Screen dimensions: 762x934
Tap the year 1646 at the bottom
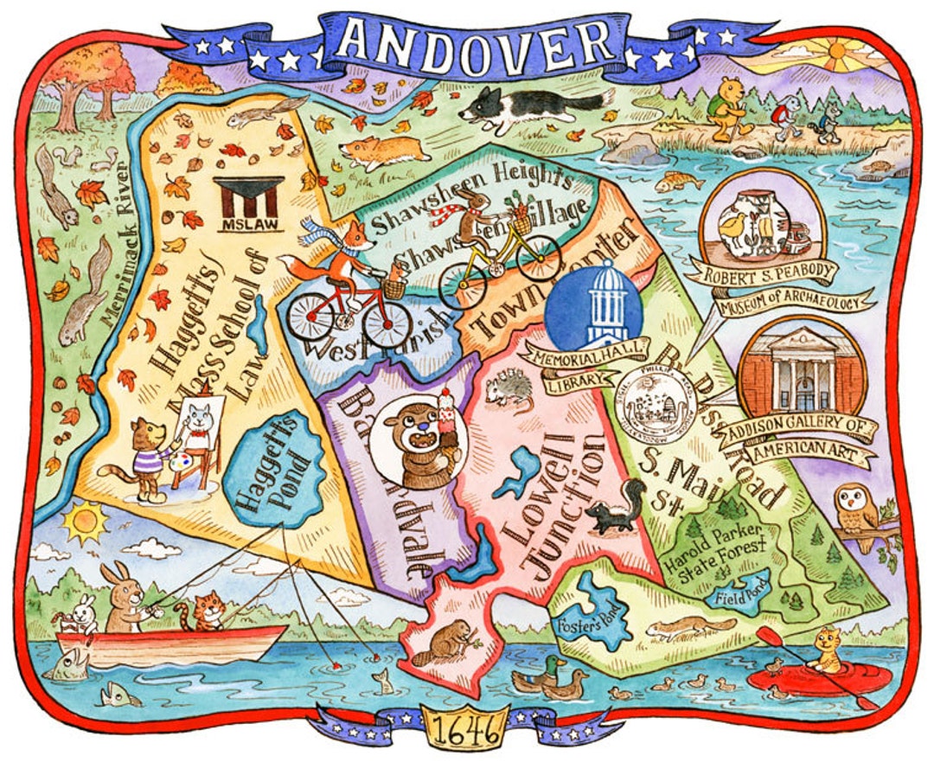point(467,732)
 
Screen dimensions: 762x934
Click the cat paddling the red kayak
point(828,650)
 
